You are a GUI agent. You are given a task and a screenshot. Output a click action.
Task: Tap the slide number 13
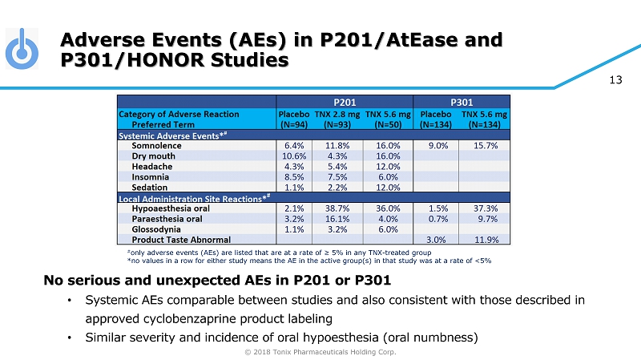pyautogui.click(x=616, y=79)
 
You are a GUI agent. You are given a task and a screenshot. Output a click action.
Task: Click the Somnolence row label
pyautogui.click(x=156, y=146)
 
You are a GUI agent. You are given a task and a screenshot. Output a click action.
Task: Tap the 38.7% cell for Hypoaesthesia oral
pyautogui.click(x=341, y=208)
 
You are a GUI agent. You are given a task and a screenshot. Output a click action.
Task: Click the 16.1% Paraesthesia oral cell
pyautogui.click(x=341, y=218)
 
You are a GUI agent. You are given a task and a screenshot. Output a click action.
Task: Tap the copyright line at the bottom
pyautogui.click(x=320, y=351)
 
